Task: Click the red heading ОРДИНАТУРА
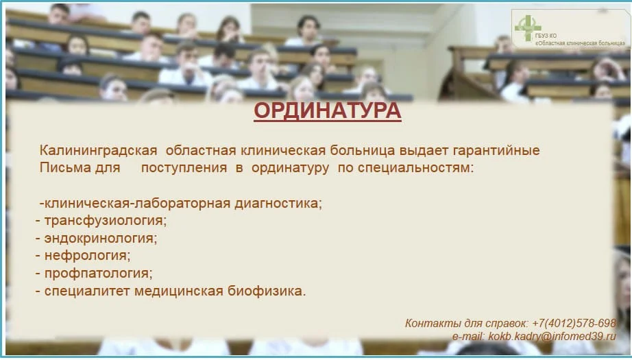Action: click(x=327, y=111)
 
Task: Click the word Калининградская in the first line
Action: click(x=99, y=150)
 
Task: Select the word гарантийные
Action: click(x=501, y=150)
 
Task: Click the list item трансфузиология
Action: click(x=106, y=221)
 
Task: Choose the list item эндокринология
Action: click(x=101, y=239)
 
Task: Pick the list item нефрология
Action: click(x=87, y=256)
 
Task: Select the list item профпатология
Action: click(x=98, y=274)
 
